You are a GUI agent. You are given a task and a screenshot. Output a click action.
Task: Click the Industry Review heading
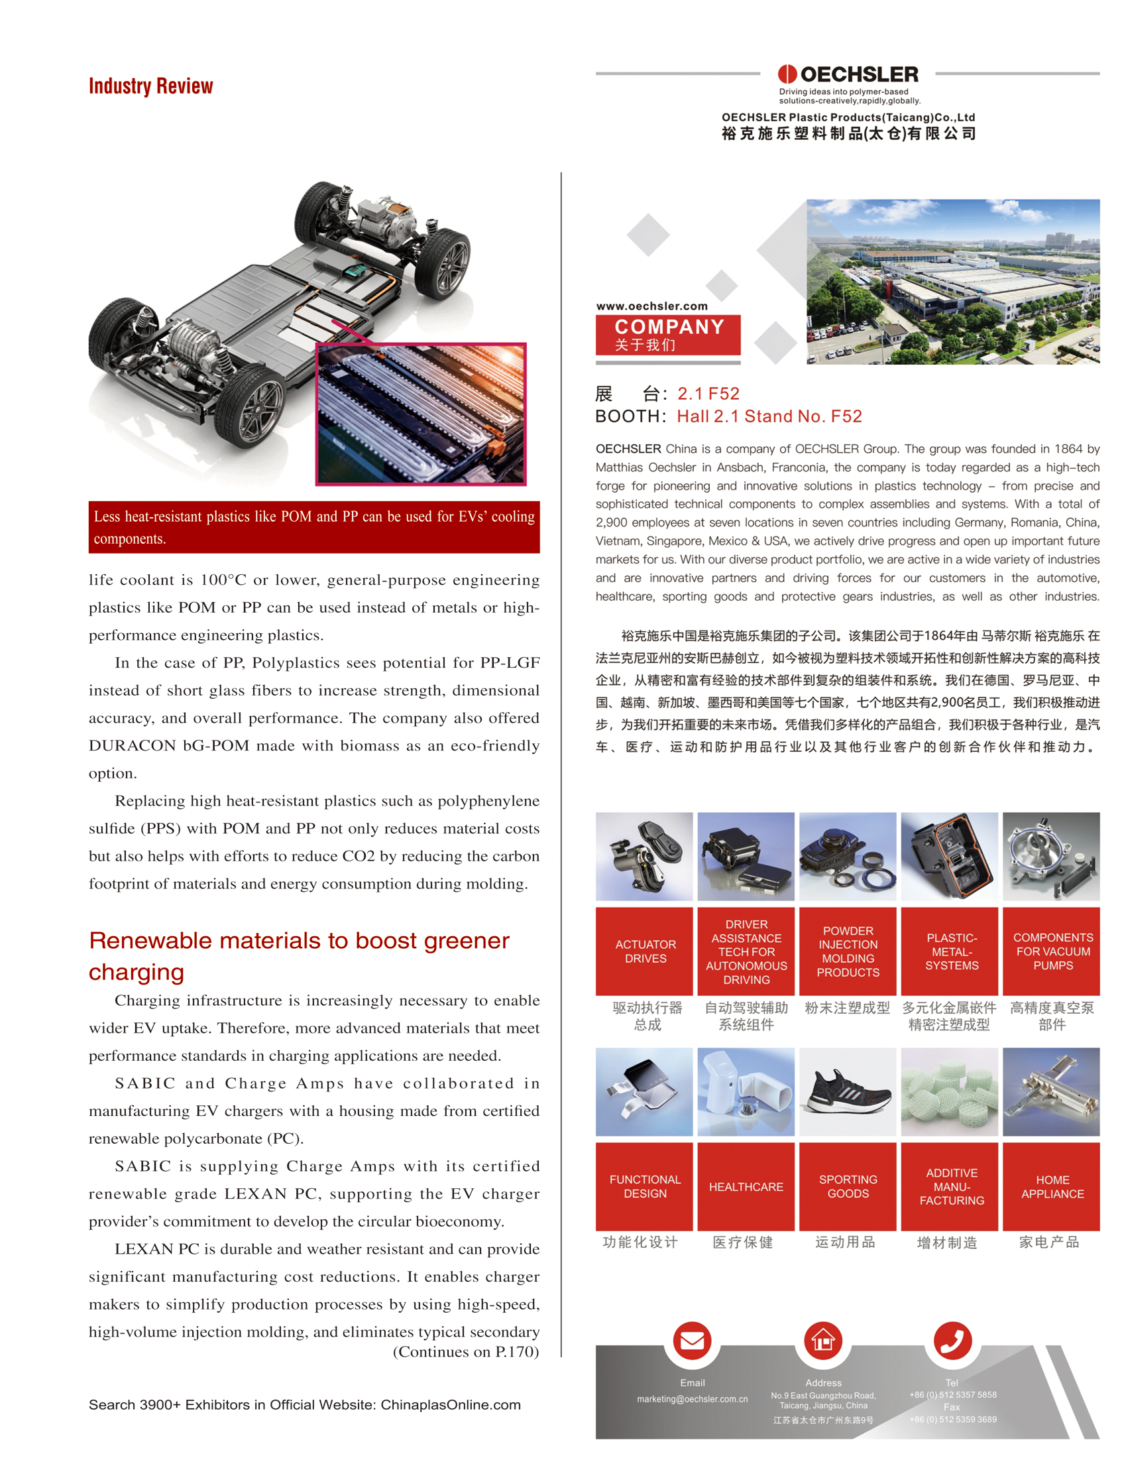[x=150, y=86]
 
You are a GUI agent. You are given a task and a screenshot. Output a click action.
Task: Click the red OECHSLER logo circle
[x=787, y=74]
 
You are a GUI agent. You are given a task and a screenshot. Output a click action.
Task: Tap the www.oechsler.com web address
[x=651, y=306]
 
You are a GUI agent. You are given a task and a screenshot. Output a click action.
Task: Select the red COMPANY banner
[x=668, y=335]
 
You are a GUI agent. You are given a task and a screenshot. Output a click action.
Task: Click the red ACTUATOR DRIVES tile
[x=644, y=951]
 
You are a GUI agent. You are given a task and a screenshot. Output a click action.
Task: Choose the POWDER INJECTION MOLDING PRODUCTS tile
[x=848, y=951]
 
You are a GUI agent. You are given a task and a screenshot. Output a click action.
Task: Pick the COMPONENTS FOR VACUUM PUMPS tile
[x=1052, y=951]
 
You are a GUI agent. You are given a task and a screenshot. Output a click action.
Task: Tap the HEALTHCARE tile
[x=746, y=1186]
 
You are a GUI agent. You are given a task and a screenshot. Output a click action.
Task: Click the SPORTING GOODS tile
[x=848, y=1186]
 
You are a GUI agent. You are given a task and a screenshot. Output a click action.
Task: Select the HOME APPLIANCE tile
[x=1052, y=1186]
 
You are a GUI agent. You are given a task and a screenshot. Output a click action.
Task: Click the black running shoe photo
[x=848, y=1091]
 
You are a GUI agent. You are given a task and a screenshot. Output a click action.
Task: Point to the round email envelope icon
[x=692, y=1341]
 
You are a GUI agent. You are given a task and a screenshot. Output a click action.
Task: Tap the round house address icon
[x=823, y=1341]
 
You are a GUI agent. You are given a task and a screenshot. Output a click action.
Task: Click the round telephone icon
[x=952, y=1341]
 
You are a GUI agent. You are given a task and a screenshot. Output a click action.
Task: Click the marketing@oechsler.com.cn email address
[x=692, y=1398]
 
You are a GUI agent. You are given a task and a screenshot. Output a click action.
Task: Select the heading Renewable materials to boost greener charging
[x=298, y=955]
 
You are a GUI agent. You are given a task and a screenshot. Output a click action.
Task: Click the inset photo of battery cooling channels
[x=421, y=414]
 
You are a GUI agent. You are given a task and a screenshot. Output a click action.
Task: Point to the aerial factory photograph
[x=953, y=281]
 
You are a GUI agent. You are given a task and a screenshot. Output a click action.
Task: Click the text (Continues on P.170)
[x=465, y=1352]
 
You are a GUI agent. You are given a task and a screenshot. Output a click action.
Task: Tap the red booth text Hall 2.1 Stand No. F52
[x=769, y=416]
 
